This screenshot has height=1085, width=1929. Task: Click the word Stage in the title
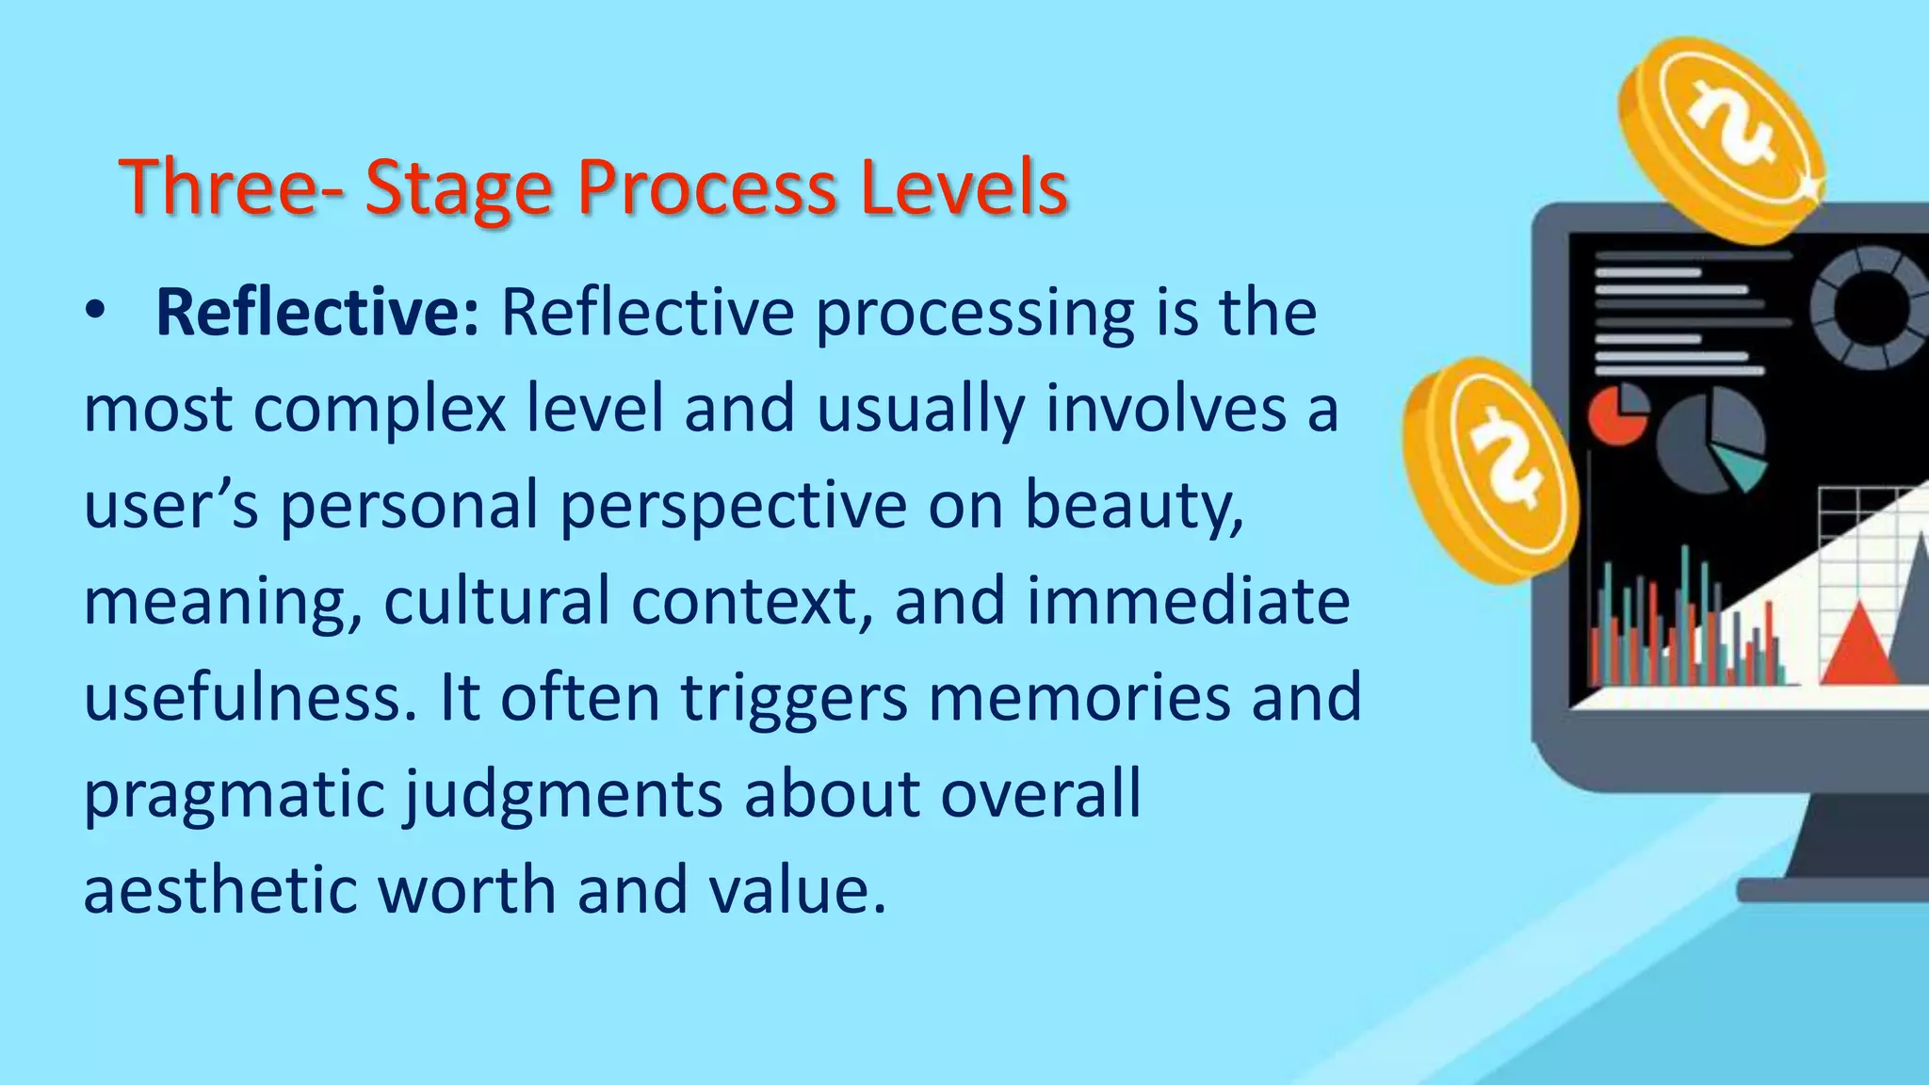(x=458, y=188)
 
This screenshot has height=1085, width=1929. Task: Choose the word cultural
(x=496, y=601)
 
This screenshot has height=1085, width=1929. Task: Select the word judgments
(x=563, y=795)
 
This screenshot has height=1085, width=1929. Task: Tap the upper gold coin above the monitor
(x=1721, y=138)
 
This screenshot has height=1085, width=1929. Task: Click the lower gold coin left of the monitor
(x=1490, y=468)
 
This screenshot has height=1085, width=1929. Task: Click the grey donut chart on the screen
(x=1869, y=307)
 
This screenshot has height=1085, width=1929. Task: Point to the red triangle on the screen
(x=1858, y=647)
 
